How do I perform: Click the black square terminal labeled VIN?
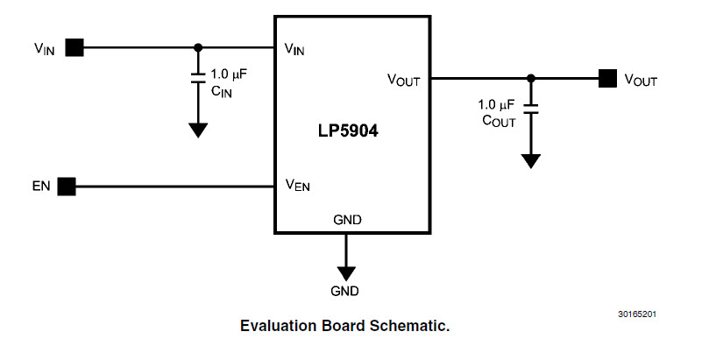[74, 47]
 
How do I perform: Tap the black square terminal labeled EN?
[67, 186]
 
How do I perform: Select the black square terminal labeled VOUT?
[607, 79]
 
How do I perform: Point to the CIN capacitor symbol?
[198, 80]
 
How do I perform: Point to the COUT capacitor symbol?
[530, 110]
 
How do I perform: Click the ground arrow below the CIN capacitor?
[198, 129]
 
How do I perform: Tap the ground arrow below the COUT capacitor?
[530, 159]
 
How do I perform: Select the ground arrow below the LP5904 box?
[347, 270]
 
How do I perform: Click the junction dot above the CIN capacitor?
[198, 47]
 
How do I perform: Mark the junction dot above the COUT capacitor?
[530, 79]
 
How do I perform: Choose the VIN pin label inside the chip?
[294, 49]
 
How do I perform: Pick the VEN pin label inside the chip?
[297, 185]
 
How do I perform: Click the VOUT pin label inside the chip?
[404, 80]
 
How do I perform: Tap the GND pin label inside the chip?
[347, 219]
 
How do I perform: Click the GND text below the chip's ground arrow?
[344, 290]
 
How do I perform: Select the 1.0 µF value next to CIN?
[229, 74]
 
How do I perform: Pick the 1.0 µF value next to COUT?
[497, 105]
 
